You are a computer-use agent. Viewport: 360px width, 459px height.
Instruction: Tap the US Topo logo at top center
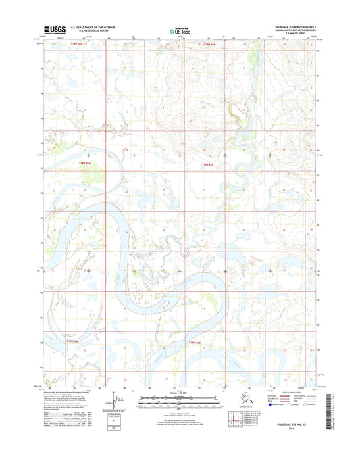point(179,30)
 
